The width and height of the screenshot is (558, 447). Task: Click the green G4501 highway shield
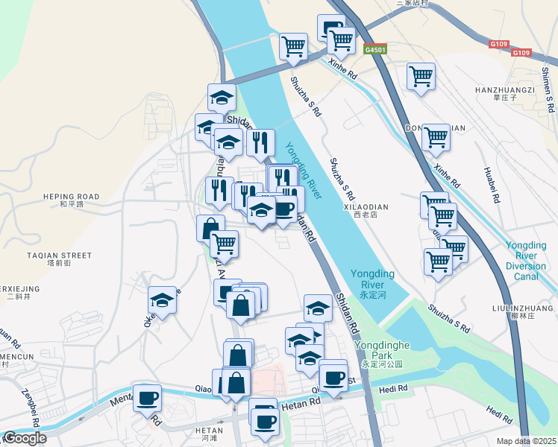[x=374, y=49]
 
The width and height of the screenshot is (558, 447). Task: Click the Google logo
[x=25, y=438]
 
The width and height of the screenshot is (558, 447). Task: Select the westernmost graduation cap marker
[x=162, y=300]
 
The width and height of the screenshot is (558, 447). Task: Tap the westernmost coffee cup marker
[x=147, y=396]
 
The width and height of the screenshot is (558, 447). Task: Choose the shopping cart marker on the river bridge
[x=293, y=46]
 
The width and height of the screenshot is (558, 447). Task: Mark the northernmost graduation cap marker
[x=222, y=98]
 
